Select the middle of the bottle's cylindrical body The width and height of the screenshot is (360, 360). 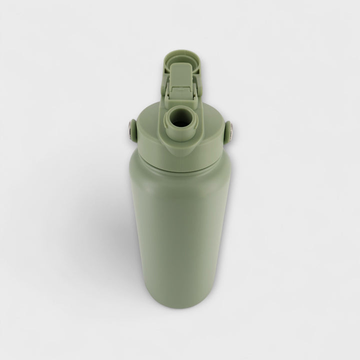179,235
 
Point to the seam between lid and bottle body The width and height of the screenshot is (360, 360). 179,167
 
